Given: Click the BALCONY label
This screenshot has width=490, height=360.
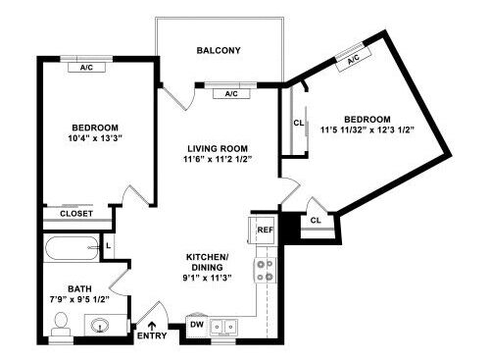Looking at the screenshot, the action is tap(219, 50).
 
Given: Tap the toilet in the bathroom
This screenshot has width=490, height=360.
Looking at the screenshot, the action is tap(61, 324).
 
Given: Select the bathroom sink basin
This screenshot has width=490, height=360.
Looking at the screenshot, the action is tap(100, 326).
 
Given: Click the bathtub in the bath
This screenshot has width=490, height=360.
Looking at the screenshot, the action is tap(72, 248).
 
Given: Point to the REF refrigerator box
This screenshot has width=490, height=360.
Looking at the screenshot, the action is tap(262, 230).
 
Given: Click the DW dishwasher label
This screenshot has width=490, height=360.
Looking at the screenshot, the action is tap(197, 325).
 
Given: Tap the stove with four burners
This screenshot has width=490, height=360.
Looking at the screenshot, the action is tap(265, 271).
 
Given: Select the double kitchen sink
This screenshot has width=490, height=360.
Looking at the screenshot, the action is tap(224, 327).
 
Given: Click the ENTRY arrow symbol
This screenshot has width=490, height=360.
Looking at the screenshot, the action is tap(152, 326).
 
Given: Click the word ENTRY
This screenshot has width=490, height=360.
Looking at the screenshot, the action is tap(152, 335).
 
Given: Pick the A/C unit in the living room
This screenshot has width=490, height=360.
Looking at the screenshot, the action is tap(231, 94).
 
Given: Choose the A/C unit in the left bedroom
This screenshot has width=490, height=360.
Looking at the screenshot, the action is tap(86, 68).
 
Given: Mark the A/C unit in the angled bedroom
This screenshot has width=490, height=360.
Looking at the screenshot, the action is tap(354, 60).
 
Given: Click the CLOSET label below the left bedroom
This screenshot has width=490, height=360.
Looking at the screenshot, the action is tap(76, 214).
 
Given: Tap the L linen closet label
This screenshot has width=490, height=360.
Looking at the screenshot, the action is tap(109, 245).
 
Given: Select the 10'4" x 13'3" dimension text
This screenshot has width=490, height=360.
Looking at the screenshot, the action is tap(95, 138).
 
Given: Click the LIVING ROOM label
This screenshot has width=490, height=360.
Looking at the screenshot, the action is tap(218, 149).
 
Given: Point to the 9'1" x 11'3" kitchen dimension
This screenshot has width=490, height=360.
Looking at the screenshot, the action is tap(207, 278).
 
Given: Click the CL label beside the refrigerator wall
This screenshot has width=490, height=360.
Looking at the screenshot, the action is tap(316, 221).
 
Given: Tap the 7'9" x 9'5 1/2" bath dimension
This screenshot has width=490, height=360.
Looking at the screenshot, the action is tap(79, 299).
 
